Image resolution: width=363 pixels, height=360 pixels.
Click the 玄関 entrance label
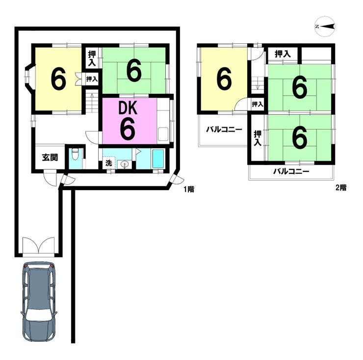coord(50,158)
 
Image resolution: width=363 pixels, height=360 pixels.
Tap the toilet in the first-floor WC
coord(75,154)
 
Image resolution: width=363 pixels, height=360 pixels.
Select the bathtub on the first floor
coord(158,158)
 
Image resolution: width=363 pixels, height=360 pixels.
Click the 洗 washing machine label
coord(108,163)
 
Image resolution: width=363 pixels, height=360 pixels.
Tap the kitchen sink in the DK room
coord(163,134)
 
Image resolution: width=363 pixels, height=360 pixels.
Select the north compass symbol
coord(325,27)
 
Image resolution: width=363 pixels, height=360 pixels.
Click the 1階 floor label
coord(189,190)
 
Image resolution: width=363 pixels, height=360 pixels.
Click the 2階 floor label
coord(341,187)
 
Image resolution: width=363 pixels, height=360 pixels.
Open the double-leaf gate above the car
coord(39,247)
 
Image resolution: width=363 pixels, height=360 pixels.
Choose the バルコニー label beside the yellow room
coord(224,129)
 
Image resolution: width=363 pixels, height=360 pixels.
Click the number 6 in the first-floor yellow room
coord(58,79)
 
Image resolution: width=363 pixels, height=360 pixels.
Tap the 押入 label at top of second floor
coord(283,54)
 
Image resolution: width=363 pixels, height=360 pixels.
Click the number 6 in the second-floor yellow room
coord(224,79)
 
